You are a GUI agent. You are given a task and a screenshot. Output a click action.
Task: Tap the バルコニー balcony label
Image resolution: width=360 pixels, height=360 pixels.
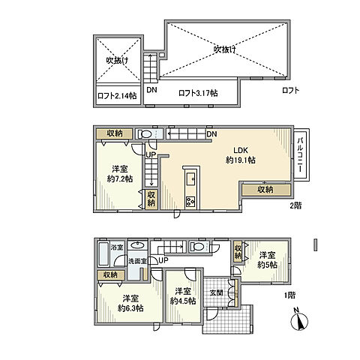click(299, 155)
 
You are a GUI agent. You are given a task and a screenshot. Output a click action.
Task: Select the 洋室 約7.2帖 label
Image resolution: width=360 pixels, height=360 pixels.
click(118, 174)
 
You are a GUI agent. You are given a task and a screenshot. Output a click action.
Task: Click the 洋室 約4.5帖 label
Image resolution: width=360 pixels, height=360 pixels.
click(182, 296)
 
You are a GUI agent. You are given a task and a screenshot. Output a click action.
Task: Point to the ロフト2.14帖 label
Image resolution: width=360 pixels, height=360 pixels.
click(116, 95)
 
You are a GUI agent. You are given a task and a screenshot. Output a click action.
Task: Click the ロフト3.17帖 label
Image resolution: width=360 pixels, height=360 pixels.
click(198, 93)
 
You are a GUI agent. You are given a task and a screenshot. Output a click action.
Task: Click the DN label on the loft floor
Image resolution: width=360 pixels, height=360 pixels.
click(152, 91)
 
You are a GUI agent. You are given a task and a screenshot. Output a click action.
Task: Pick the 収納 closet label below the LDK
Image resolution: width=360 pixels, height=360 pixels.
click(265, 189)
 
